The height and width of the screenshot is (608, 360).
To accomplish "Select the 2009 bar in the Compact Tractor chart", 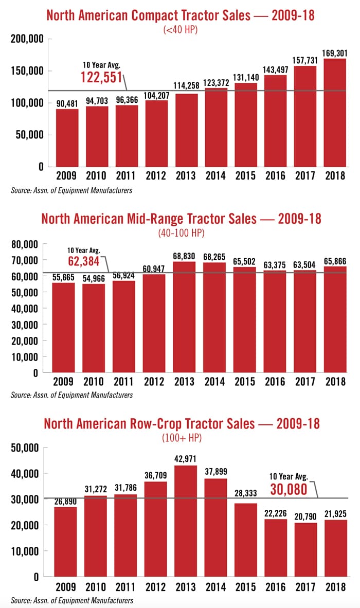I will pos(67,137).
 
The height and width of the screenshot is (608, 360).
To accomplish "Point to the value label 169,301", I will pos(334,52).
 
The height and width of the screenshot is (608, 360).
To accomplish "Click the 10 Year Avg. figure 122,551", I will pos(101,77).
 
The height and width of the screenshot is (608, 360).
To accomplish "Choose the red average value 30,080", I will pos(289,489).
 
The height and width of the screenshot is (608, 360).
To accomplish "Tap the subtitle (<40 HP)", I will pos(180,29).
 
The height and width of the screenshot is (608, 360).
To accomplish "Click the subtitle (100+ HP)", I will pos(180,438).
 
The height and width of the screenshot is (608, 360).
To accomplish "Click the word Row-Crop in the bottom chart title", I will pos(152,424).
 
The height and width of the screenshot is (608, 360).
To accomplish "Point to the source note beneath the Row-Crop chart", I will pos(71,600).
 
